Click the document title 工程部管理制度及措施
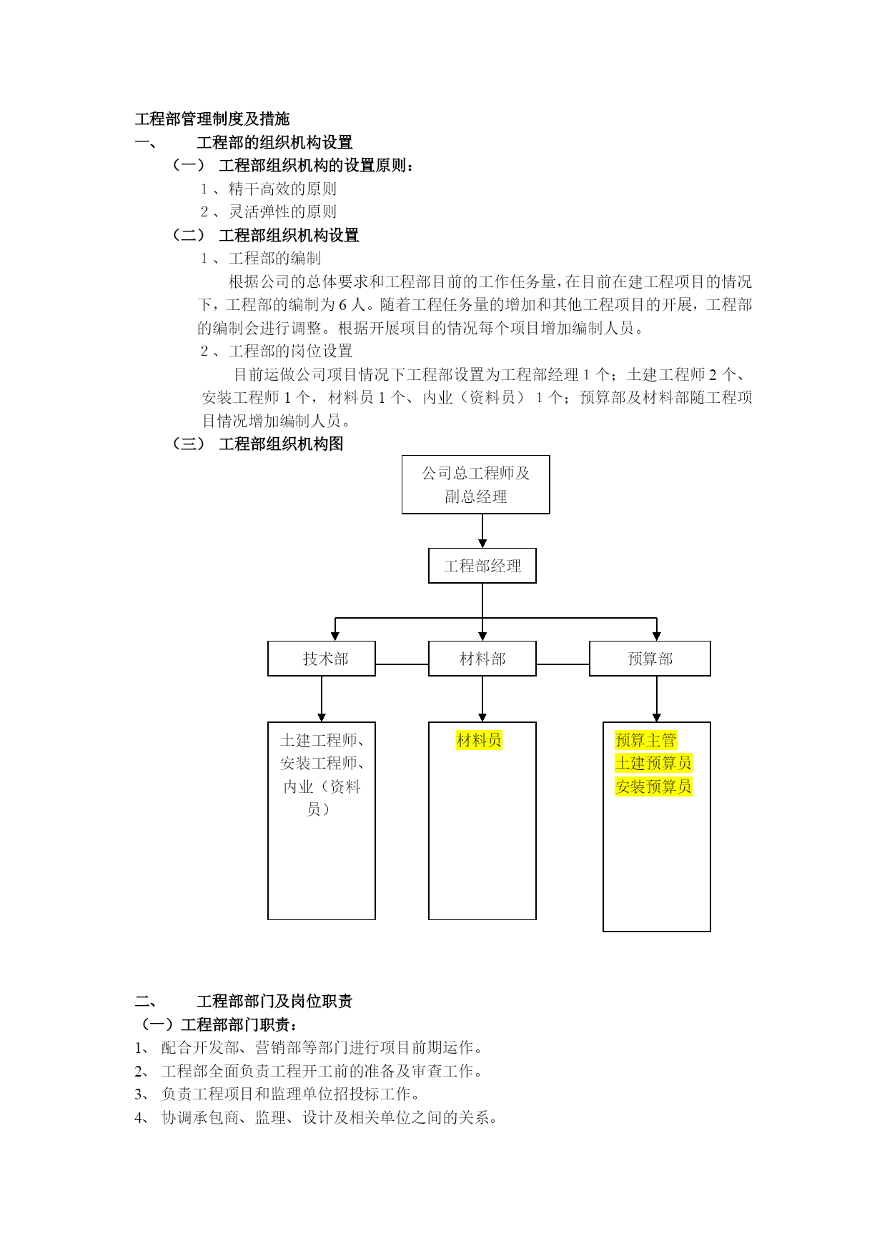pos(212,119)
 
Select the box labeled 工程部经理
pos(482,566)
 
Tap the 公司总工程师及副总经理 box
pos(476,484)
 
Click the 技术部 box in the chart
pos(322,659)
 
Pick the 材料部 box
pos(482,659)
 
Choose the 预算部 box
pos(650,659)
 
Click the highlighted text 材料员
pos(479,740)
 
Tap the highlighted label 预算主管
pos(645,740)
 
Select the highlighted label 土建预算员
pos(653,763)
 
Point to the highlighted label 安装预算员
pos(653,787)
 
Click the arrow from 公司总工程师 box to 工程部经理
pos(482,531)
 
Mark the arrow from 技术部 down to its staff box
pos(322,699)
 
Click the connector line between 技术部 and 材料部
pos(402,664)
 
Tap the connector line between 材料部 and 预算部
pos(563,664)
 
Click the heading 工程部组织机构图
pos(281,444)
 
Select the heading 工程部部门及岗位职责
pos(274,1001)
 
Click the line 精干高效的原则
pos(282,189)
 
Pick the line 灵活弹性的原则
pos(282,211)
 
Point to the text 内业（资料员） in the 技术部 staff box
pos(322,798)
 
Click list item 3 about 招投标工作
pos(277,1094)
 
